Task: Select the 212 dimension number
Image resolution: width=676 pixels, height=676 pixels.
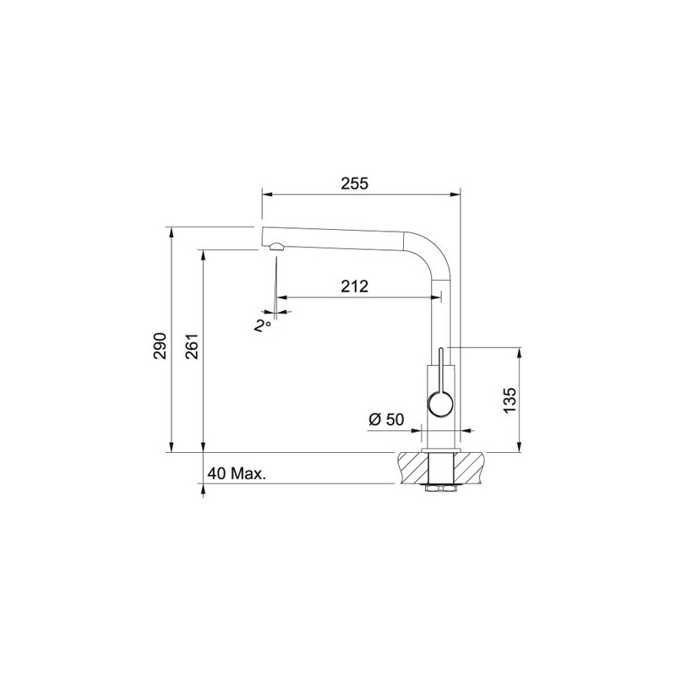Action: pos(355,286)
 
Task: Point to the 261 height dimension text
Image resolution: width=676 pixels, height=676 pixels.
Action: pos(191,346)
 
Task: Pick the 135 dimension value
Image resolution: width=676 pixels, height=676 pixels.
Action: pos(509,399)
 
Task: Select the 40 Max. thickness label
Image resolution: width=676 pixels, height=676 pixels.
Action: pos(236,474)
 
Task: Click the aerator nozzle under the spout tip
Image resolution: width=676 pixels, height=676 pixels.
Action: pos(275,247)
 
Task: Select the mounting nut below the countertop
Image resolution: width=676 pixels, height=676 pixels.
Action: pos(440,488)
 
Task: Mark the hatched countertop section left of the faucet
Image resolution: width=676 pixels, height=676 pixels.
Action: pos(410,467)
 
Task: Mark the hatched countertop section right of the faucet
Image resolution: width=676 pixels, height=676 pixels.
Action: pos(471,467)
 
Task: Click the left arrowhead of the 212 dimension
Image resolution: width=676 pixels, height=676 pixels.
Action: pos(281,297)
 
